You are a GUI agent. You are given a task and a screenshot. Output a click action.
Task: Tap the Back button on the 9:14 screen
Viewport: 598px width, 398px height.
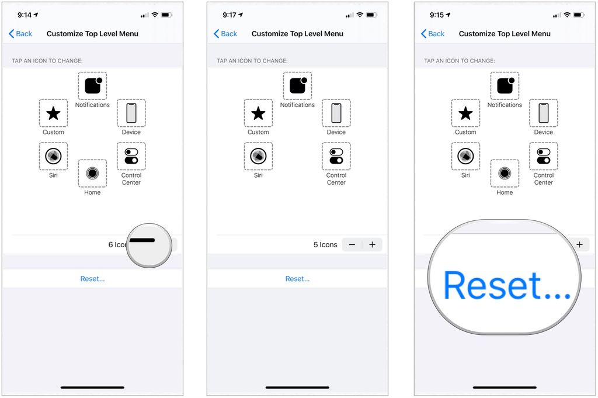(20, 34)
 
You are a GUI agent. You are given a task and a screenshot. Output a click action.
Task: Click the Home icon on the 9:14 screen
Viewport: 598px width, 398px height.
(92, 173)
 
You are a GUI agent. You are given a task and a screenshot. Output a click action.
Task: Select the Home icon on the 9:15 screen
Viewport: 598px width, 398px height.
(505, 173)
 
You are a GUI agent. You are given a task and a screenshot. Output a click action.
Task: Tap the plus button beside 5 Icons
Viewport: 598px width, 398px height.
(373, 245)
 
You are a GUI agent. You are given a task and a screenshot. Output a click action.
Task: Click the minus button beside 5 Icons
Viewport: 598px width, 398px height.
(352, 245)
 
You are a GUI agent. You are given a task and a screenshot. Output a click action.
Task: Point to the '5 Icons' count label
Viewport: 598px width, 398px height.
(325, 245)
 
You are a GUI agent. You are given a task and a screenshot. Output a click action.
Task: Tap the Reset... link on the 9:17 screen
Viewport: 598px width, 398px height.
(297, 279)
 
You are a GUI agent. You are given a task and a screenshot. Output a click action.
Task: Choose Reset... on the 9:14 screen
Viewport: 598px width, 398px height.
(92, 279)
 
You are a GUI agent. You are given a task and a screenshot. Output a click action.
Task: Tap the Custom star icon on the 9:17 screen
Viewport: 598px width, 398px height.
(258, 113)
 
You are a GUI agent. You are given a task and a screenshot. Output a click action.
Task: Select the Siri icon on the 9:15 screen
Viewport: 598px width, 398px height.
(465, 156)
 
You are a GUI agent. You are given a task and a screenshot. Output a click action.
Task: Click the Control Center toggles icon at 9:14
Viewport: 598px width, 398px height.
(131, 156)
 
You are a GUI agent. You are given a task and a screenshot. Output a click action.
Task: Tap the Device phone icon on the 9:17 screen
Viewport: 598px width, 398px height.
(336, 113)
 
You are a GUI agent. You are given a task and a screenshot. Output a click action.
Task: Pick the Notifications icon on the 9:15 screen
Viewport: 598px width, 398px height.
(505, 86)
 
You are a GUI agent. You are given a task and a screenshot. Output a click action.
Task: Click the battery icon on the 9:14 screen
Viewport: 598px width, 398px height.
(166, 15)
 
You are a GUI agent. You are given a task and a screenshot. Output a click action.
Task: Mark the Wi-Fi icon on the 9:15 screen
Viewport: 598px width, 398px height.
(566, 15)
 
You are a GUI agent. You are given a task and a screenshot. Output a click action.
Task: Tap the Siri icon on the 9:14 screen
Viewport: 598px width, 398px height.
(53, 156)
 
